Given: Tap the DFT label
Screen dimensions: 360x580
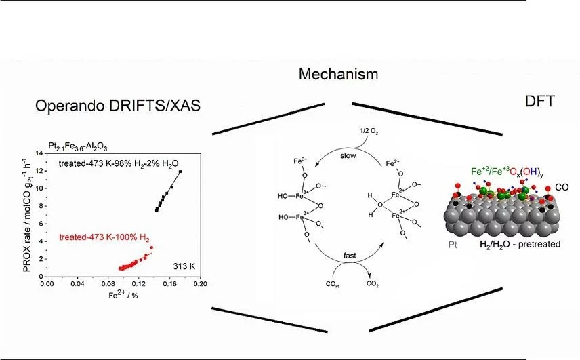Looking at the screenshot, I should (540, 102).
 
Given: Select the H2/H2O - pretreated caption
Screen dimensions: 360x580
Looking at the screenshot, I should (520, 243).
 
